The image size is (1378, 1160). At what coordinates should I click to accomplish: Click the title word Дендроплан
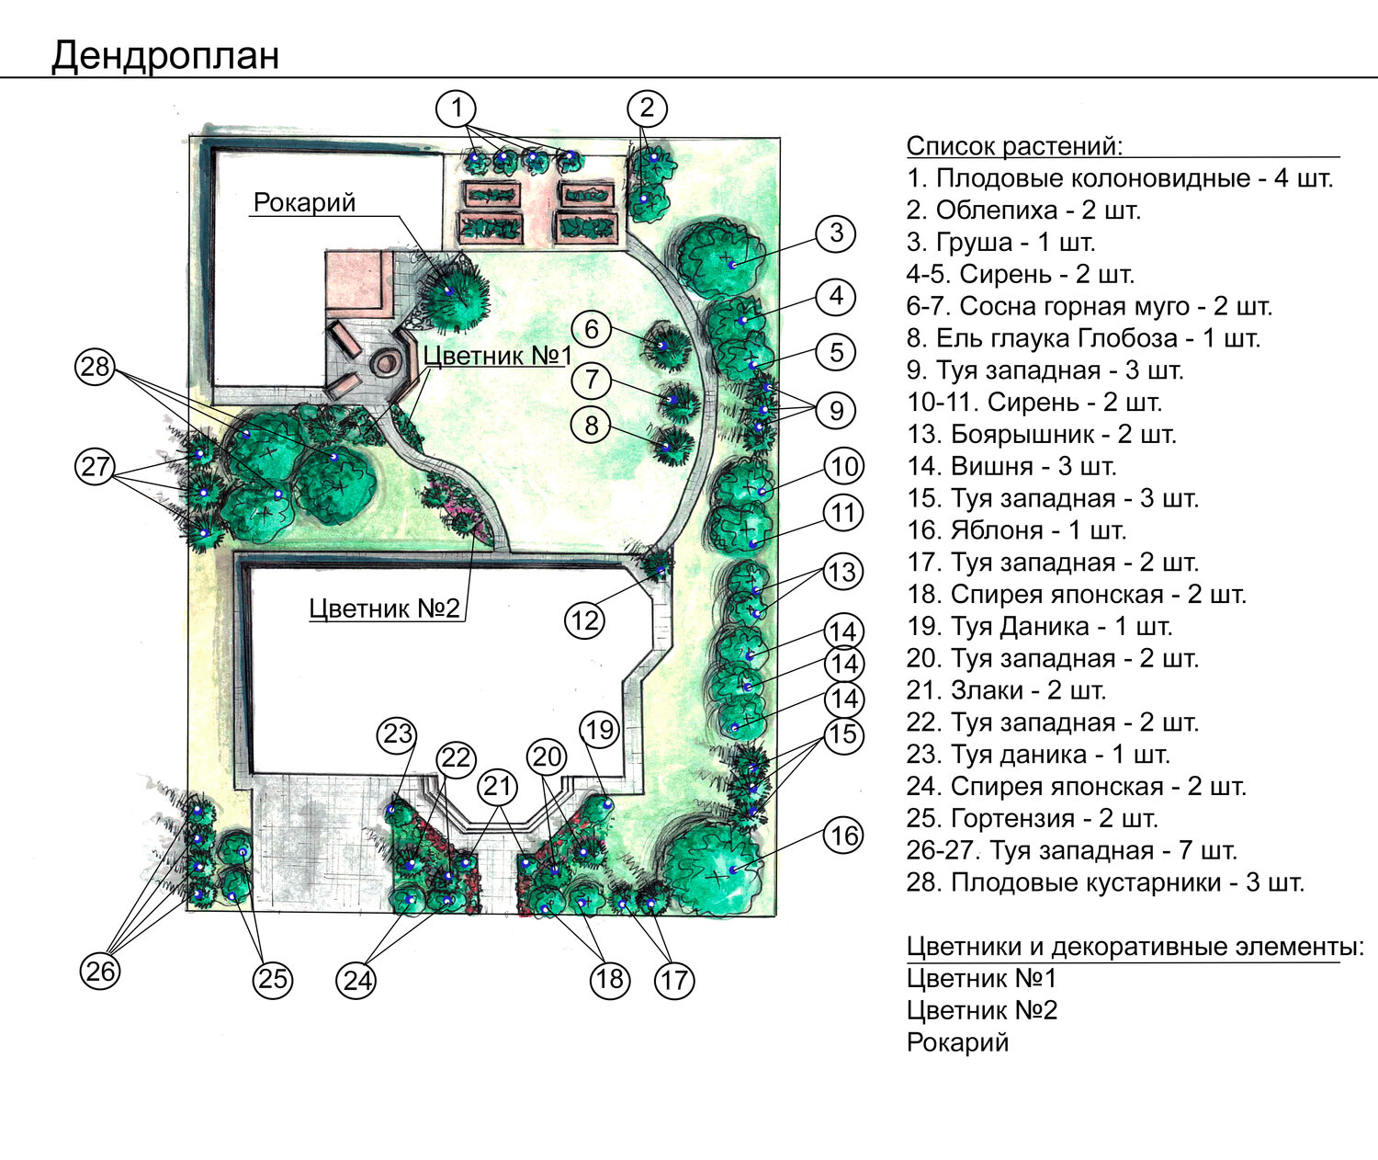[165, 56]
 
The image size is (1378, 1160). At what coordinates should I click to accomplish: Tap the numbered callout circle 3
[835, 233]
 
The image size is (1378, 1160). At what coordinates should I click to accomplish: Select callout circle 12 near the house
[584, 620]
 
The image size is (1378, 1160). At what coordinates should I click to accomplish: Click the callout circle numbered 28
[95, 367]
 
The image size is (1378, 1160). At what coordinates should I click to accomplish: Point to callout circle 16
[843, 836]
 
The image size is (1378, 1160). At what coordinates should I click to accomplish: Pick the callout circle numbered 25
[273, 978]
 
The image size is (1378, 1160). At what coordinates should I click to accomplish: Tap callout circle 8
[592, 426]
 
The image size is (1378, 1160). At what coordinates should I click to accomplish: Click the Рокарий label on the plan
[304, 203]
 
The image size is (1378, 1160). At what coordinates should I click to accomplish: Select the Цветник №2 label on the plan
[384, 608]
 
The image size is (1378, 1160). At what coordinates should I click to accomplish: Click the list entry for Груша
[1000, 243]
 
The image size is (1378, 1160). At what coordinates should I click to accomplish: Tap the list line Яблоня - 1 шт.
[1016, 530]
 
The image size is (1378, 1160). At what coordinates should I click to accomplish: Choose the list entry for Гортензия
[1033, 818]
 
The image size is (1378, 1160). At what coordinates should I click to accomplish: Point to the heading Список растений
[1014, 146]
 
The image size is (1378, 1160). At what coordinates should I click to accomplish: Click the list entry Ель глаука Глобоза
[1083, 338]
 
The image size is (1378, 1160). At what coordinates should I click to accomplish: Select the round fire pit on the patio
[386, 362]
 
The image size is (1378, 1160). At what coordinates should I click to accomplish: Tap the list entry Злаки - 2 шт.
[1006, 690]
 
